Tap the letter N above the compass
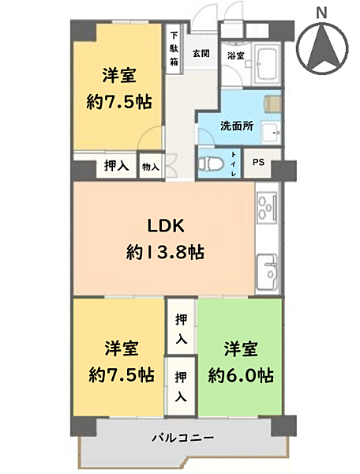coord(321,11)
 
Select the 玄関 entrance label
coord(201,54)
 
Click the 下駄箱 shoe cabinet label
coord(174,51)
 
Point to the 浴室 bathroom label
coord(235,55)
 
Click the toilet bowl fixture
coord(211,165)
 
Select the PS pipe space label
coord(258,163)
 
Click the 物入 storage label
coord(150,167)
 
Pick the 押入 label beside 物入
coord(117,166)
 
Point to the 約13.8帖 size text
coord(166,252)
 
